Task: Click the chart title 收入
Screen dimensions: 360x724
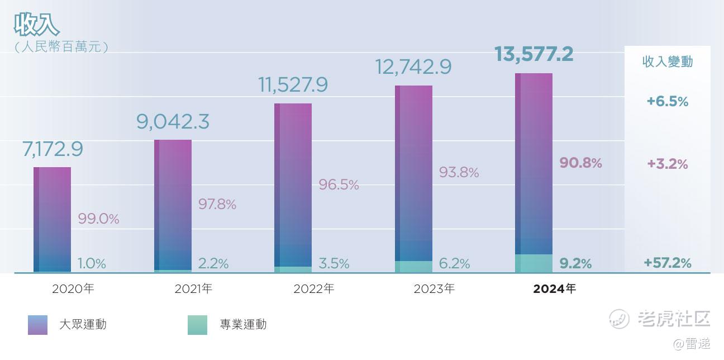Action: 36,25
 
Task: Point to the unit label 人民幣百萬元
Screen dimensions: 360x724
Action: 61,47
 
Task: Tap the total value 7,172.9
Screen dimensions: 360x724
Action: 53,149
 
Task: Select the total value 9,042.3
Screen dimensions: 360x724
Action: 173,121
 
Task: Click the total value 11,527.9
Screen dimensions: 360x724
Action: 293,84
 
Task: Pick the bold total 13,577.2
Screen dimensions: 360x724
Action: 534,55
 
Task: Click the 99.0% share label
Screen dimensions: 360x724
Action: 98,219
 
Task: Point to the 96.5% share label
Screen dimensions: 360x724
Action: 339,184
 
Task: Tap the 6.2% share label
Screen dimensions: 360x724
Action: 454,263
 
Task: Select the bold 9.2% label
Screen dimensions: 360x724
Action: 575,263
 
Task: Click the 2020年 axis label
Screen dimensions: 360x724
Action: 73,289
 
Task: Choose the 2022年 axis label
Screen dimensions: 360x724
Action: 314,289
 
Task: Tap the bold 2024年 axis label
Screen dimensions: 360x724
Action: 554,289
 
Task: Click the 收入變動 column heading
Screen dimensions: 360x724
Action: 668,61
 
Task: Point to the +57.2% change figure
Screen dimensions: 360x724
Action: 668,263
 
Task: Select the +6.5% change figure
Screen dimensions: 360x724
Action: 668,102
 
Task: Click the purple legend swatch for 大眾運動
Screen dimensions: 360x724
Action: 37,325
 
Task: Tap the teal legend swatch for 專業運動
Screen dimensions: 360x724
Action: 198,325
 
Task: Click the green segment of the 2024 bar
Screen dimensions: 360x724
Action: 534,263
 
